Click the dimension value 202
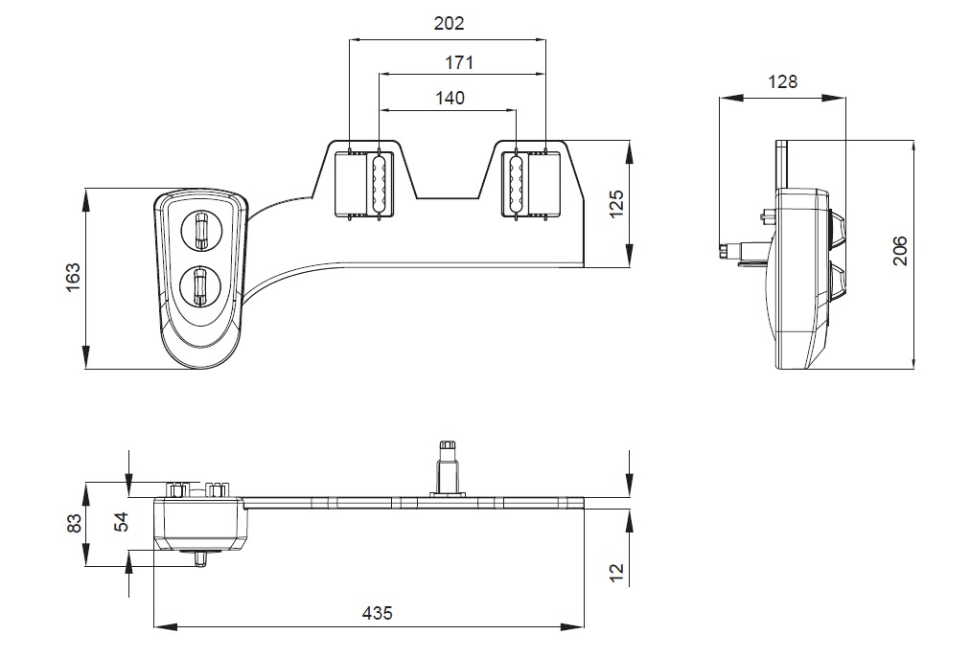coord(448,24)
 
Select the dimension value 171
coord(459,62)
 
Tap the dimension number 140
coord(448,98)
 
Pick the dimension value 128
coord(783,81)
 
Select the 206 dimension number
coord(898,253)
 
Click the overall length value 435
coord(377,613)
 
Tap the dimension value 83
coord(71,524)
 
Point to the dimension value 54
coord(120,523)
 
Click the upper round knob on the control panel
coord(200,230)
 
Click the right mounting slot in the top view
coord(516,183)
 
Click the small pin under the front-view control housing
coord(201,557)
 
